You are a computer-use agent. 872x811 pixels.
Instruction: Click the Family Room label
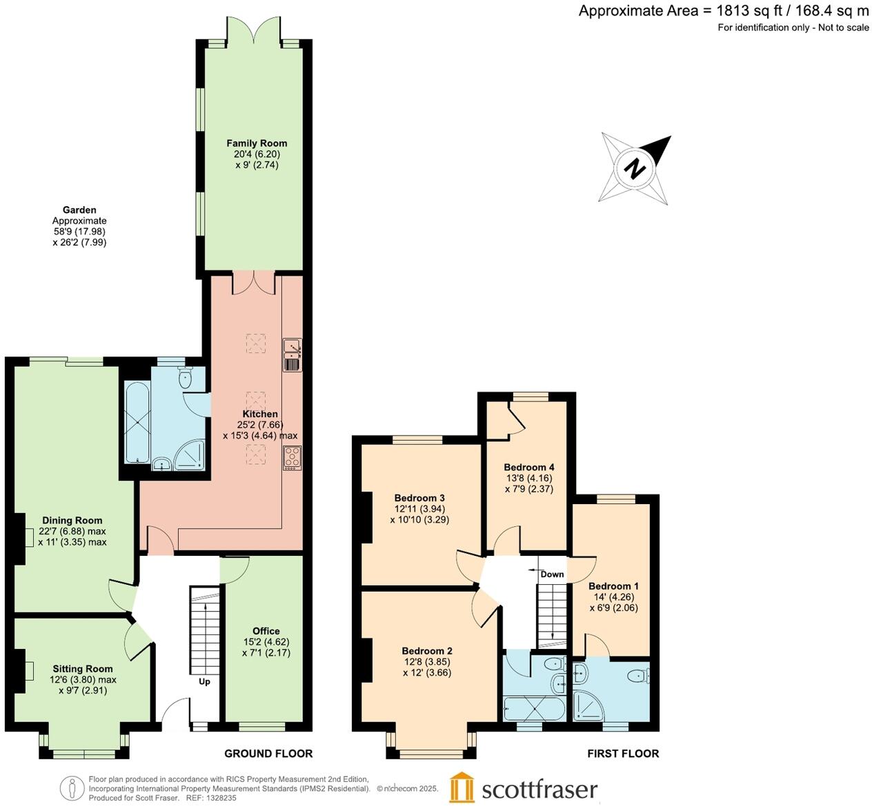click(x=257, y=143)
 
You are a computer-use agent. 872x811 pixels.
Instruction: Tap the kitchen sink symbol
click(x=292, y=355)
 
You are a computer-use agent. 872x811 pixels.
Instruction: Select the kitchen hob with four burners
click(x=292, y=459)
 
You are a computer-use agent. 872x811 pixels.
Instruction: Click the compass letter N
click(x=635, y=168)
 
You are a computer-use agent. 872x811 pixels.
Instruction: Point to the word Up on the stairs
click(x=204, y=682)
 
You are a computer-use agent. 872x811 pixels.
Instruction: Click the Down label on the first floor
click(x=552, y=574)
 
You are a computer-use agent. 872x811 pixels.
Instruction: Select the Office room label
click(x=266, y=631)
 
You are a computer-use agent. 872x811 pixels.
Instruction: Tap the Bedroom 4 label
click(x=528, y=467)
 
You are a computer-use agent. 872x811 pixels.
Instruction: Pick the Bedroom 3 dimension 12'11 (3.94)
click(x=419, y=509)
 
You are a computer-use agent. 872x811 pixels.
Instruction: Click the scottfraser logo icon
click(x=462, y=788)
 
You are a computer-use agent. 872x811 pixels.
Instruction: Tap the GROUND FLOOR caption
click(x=268, y=754)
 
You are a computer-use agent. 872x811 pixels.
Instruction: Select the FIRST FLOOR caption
click(x=623, y=754)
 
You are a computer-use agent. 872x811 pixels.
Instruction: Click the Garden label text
click(x=79, y=210)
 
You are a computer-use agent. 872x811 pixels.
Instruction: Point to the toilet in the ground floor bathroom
click(x=185, y=377)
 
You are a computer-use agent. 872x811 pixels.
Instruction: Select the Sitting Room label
click(x=83, y=669)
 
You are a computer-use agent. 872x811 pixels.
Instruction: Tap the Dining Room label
click(x=72, y=521)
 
